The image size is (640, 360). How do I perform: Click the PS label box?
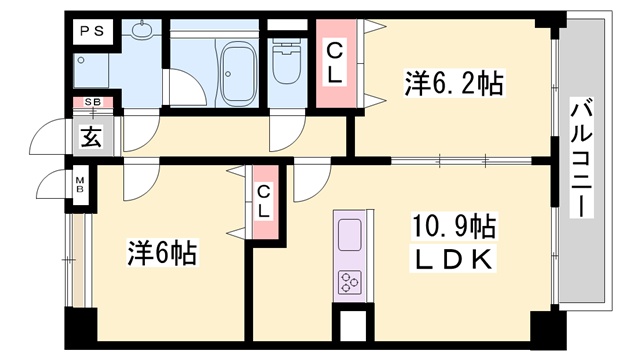point(93,31)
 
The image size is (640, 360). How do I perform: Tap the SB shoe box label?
point(93,102)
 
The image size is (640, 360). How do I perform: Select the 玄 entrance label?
point(91,137)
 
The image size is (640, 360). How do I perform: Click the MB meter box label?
point(80,184)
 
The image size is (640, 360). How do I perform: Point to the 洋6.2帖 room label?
point(454,83)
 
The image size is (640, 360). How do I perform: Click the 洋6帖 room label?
point(162,253)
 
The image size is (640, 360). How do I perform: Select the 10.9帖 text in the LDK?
point(454,227)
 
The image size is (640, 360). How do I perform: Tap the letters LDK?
point(453,260)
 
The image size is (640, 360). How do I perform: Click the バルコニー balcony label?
point(581,159)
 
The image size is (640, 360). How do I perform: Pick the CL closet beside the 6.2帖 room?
point(336,63)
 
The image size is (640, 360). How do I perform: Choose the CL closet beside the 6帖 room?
point(265,202)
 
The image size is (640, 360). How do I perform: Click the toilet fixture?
point(287,62)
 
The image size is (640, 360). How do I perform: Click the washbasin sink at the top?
point(142,28)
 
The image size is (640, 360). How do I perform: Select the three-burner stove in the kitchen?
point(350,282)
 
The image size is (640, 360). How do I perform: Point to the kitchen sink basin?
point(350,236)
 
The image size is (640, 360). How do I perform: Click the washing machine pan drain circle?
point(81,60)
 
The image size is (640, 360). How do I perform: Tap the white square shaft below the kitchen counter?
point(353,325)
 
